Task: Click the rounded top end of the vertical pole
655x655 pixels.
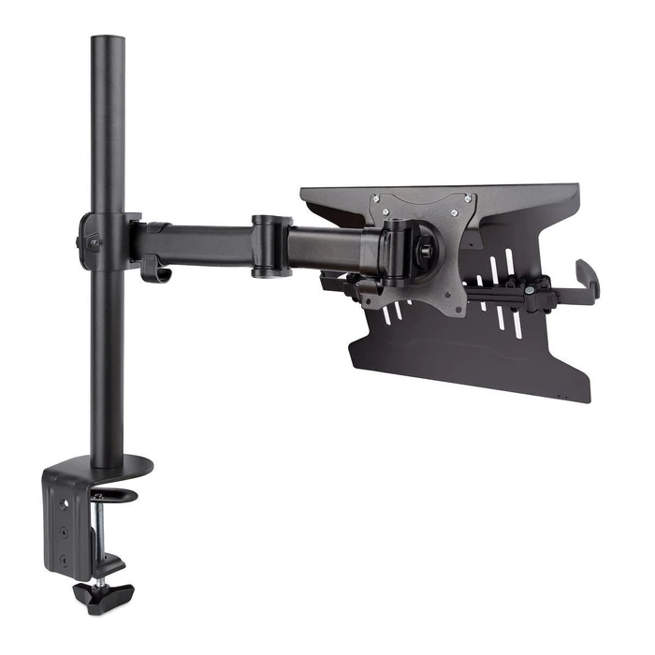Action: click(109, 43)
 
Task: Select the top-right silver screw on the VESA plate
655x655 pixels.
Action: click(461, 198)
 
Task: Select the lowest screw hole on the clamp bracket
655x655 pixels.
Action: click(63, 560)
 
